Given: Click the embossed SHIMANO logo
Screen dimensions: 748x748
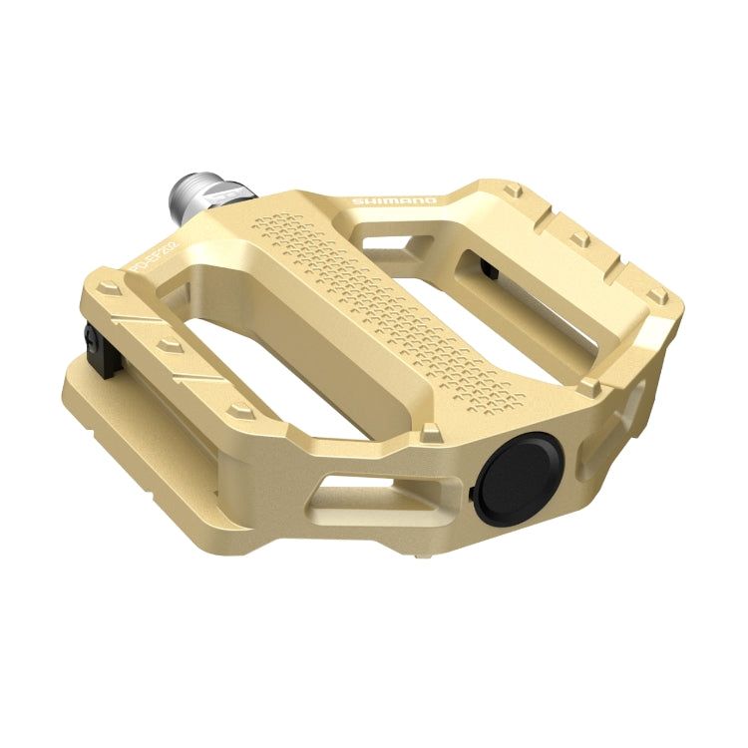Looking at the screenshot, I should [394, 201].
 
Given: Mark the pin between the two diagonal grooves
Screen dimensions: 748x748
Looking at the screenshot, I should [167, 345].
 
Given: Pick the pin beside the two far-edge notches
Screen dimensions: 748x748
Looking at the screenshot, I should [578, 237].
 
